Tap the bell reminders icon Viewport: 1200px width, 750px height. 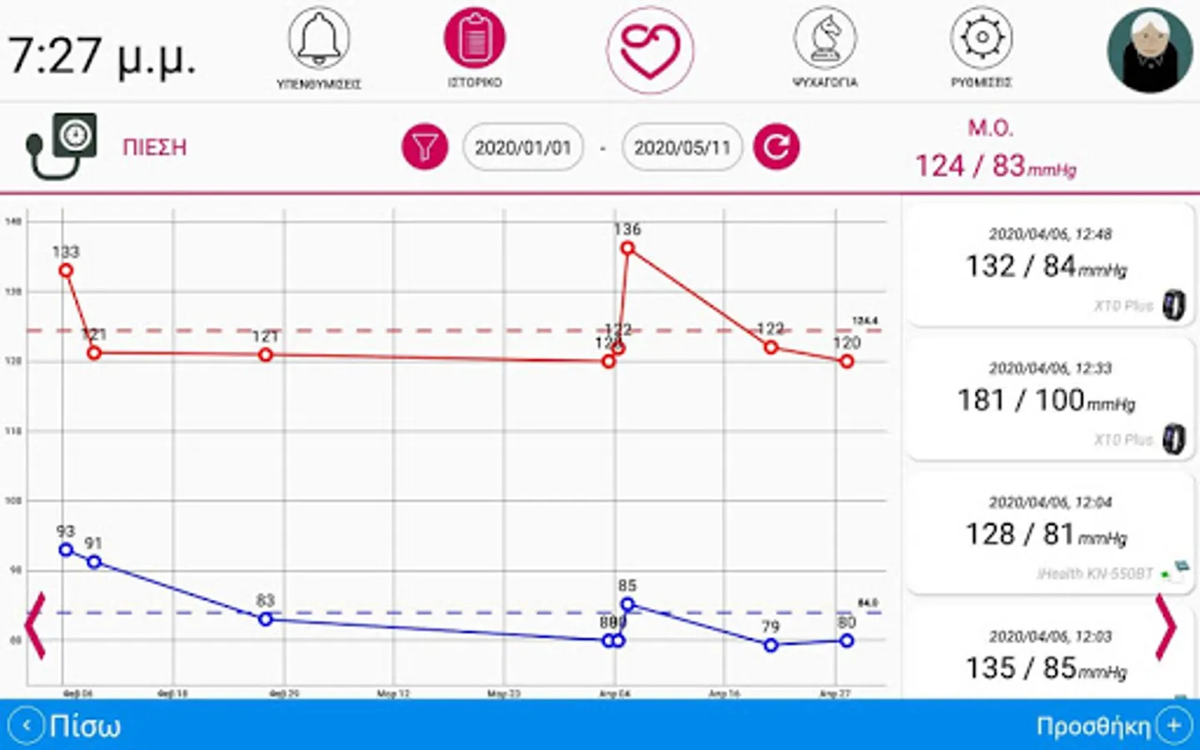(x=319, y=39)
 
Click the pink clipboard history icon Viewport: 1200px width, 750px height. (x=474, y=39)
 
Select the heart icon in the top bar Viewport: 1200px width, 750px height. (x=650, y=50)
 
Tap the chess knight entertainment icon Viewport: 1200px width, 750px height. (x=824, y=39)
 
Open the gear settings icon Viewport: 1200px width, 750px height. (x=982, y=39)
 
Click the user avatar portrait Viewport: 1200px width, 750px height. (x=1149, y=51)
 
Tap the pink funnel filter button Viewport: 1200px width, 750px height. (x=425, y=147)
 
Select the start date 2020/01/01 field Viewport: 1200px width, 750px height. (x=522, y=147)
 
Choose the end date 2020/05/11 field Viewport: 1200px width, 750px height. (x=682, y=147)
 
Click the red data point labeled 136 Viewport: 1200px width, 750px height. (x=627, y=247)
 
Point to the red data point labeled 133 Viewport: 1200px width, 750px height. (x=66, y=270)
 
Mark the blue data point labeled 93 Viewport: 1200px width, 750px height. (x=66, y=549)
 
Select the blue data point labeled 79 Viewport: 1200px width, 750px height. (x=771, y=645)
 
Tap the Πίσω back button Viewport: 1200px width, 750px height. (x=70, y=726)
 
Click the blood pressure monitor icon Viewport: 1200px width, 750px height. (x=62, y=147)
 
